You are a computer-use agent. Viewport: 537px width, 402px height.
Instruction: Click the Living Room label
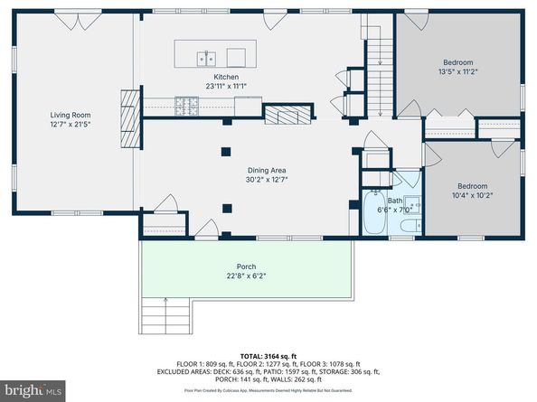coord(69,115)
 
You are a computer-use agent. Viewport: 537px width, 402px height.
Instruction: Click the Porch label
coord(246,266)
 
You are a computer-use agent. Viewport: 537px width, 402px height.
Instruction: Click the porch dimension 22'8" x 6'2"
coord(246,276)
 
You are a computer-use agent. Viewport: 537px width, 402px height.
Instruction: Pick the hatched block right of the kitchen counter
coord(287,113)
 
